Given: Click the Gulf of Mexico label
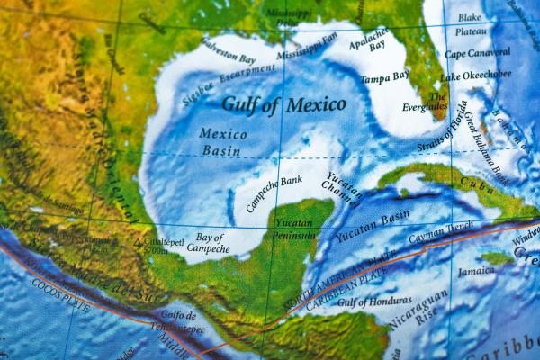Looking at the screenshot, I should tap(283, 104).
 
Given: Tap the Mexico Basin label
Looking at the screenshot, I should tap(221, 142).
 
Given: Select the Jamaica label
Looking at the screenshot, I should tap(475, 271).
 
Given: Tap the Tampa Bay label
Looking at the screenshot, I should tap(385, 79).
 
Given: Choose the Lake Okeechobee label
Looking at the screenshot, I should tap(476, 75).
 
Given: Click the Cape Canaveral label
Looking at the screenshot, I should tap(477, 53).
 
